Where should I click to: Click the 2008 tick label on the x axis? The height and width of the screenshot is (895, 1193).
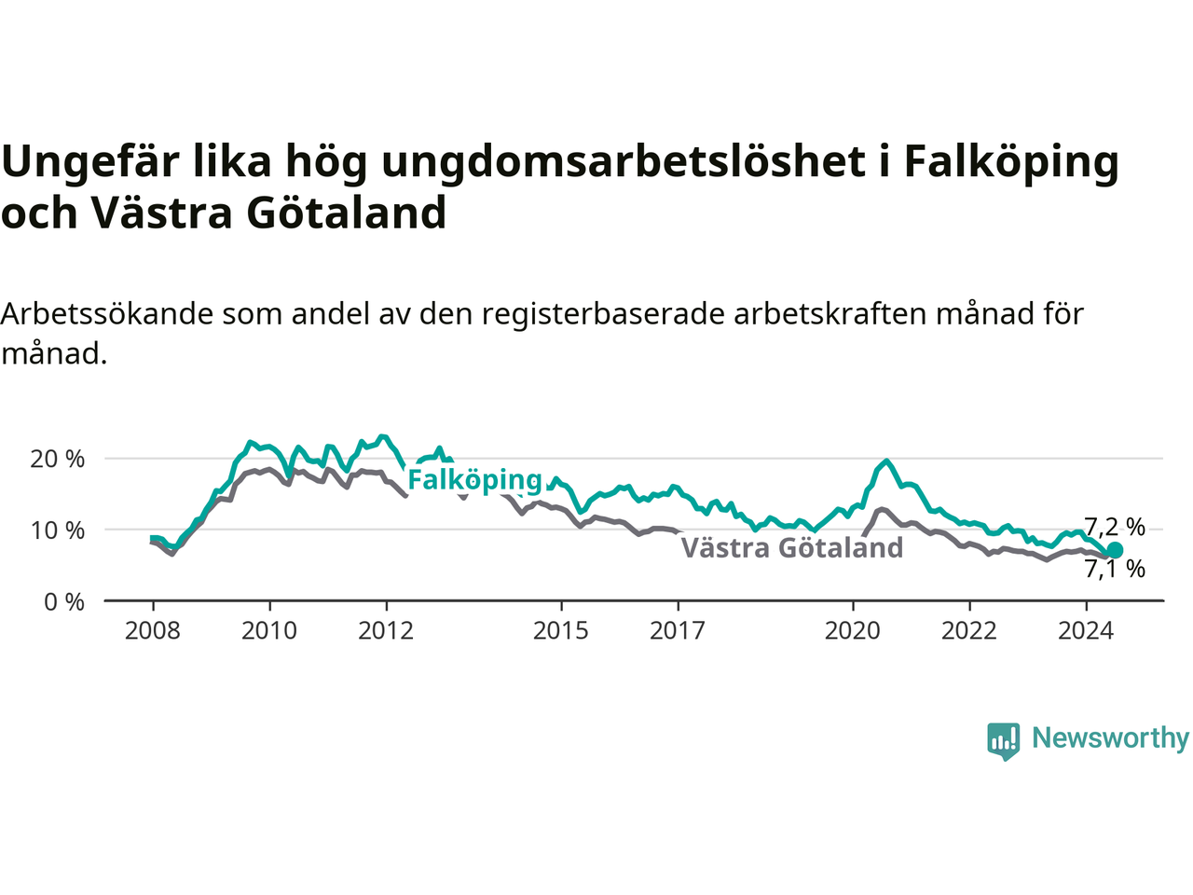tap(152, 631)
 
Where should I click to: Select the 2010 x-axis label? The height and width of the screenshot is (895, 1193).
tap(269, 631)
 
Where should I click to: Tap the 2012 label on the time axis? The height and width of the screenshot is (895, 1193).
tap(386, 631)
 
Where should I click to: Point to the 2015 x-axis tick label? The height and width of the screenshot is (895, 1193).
tap(561, 631)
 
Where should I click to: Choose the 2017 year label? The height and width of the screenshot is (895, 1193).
tap(678, 631)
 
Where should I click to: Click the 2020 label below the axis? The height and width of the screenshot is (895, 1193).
tap(852, 631)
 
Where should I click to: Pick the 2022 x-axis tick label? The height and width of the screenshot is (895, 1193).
tap(969, 631)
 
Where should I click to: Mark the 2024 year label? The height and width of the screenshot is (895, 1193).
tap(1086, 631)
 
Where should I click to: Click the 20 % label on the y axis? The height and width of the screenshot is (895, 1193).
tap(57, 460)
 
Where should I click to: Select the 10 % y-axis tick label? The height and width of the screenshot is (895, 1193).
tap(57, 530)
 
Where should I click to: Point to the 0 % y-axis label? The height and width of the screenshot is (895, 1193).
tap(64, 602)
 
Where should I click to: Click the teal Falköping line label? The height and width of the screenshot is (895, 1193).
tap(474, 480)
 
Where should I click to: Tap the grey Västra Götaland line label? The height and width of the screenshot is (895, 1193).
tap(792, 547)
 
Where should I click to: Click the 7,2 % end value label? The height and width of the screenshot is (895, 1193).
tap(1115, 527)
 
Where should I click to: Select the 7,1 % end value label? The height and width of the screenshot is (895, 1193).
tap(1115, 569)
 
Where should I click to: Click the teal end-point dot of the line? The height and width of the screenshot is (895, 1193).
tap(1114, 550)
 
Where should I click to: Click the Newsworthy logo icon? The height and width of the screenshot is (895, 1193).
tap(1003, 741)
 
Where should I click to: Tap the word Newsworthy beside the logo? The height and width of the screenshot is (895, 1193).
tap(1110, 738)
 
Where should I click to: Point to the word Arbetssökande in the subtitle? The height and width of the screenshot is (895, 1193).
tap(106, 313)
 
